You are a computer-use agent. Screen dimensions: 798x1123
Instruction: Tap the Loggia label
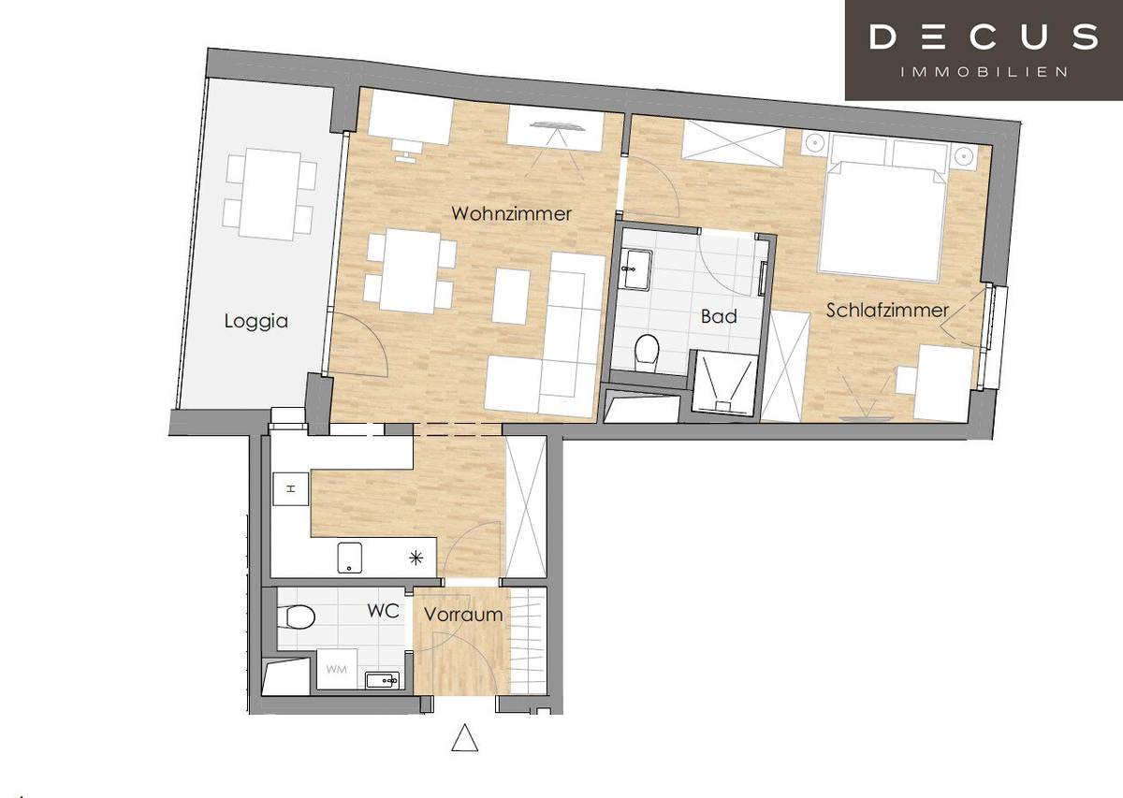255,321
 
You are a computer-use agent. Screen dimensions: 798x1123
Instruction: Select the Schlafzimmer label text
887,310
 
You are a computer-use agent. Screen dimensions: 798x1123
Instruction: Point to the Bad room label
719,316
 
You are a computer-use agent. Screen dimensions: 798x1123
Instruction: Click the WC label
383,612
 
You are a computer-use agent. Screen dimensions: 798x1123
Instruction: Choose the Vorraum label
463,615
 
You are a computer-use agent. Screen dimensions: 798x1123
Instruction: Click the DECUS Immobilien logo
984,50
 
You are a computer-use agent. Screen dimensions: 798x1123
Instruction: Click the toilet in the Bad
646,351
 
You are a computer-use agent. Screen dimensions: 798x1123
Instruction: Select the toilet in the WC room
298,617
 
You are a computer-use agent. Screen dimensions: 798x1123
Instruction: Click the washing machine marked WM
335,670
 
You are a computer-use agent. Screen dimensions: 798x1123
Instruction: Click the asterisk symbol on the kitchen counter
416,559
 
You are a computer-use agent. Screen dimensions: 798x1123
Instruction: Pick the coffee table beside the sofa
512,296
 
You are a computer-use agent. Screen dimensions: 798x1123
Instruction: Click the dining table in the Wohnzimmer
410,272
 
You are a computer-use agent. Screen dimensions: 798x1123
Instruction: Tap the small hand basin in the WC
384,680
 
